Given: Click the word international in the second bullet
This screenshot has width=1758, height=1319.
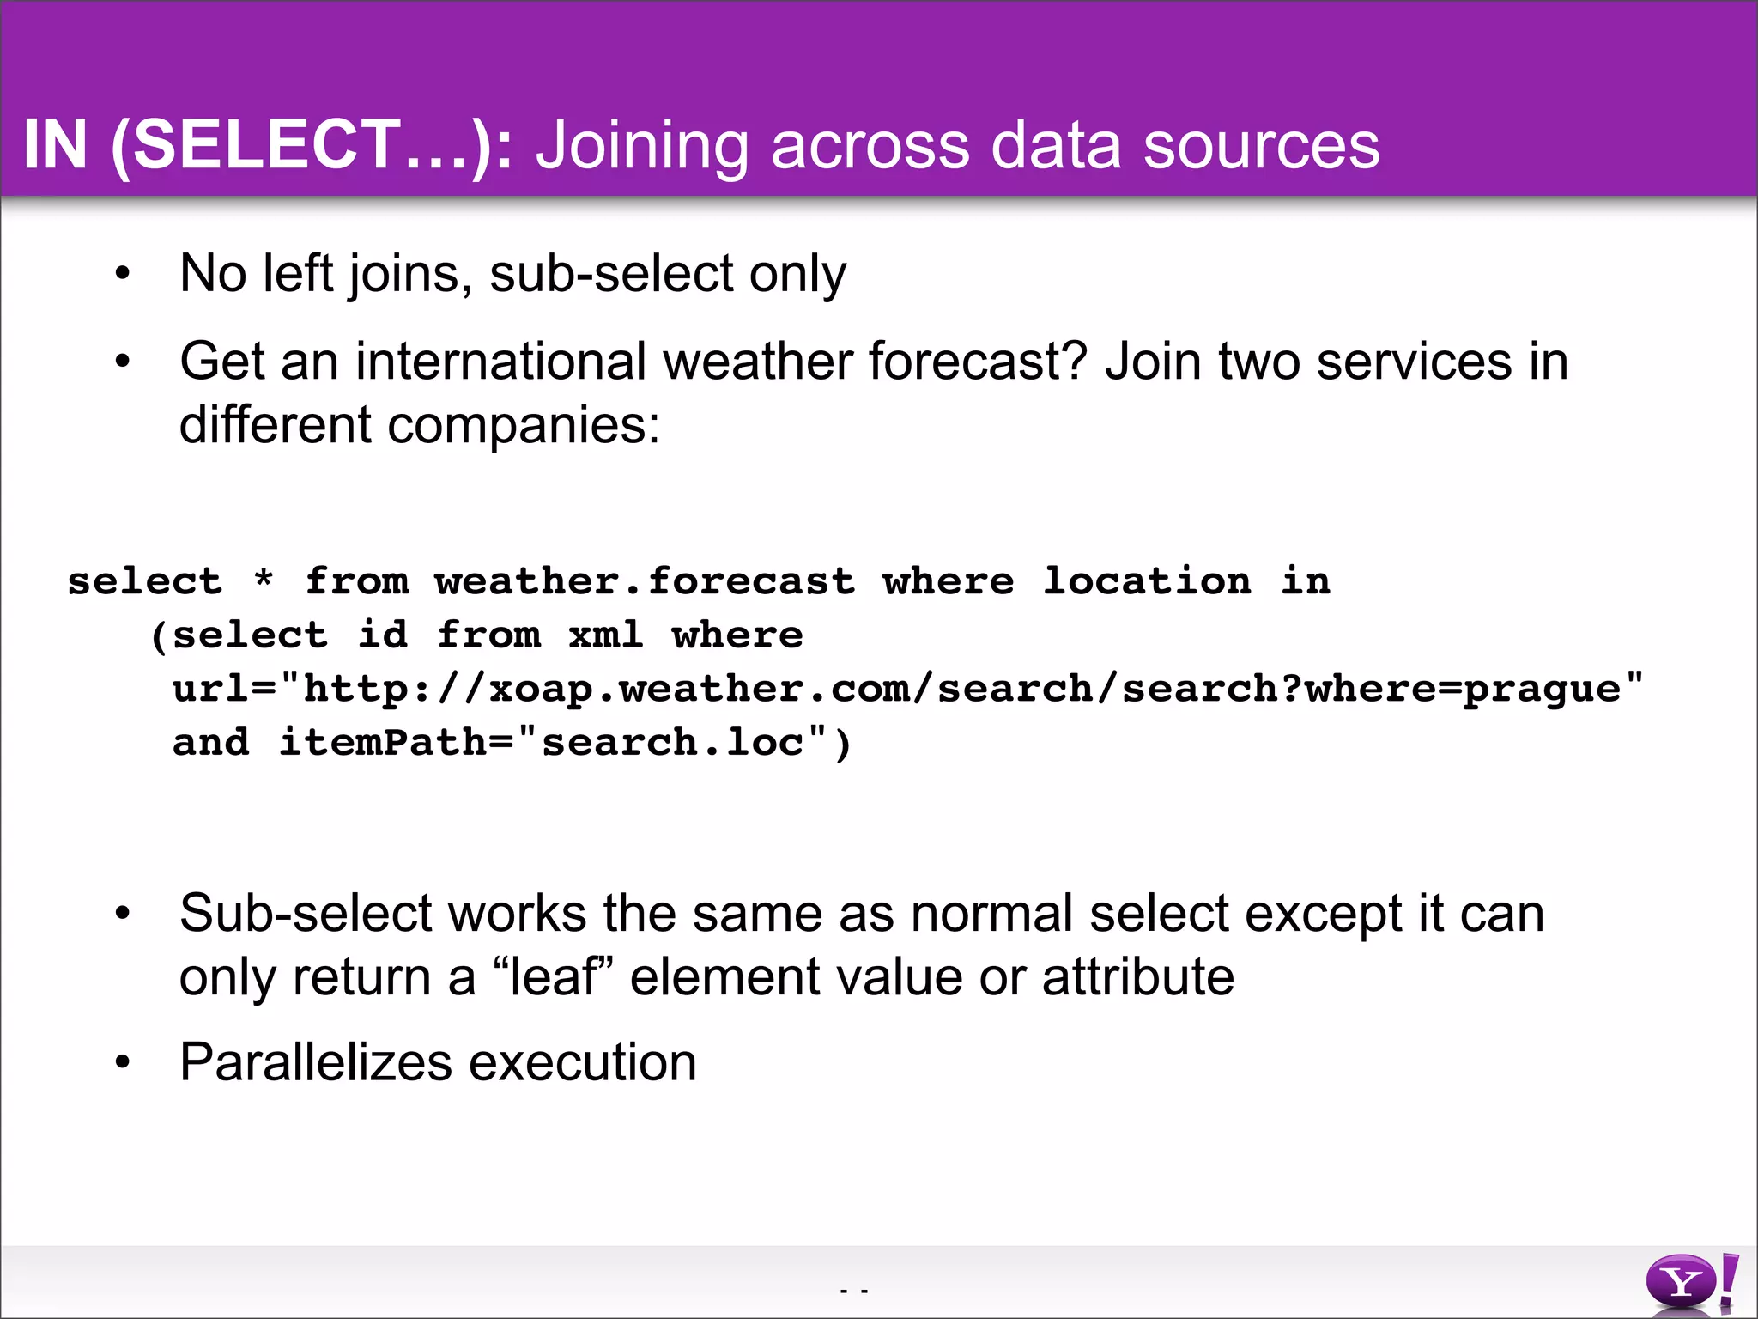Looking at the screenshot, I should point(500,361).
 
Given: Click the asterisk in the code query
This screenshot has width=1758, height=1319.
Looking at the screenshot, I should point(264,581).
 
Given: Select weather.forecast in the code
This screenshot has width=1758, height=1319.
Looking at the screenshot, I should point(645,581).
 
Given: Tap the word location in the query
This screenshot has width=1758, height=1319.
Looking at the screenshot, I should point(1147,581).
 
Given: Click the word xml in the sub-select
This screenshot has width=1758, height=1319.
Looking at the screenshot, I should point(605,635).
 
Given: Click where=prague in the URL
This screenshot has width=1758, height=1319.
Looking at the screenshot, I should point(1463,689).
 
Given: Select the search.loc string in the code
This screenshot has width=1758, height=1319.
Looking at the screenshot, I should point(672,743).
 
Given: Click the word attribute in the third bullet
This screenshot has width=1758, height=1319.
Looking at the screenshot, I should point(1137,977).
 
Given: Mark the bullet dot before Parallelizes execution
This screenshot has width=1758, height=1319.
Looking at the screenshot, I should point(123,1062).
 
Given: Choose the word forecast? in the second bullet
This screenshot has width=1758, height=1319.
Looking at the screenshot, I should point(978,361).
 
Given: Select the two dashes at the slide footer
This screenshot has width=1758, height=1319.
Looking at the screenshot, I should point(854,1290).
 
